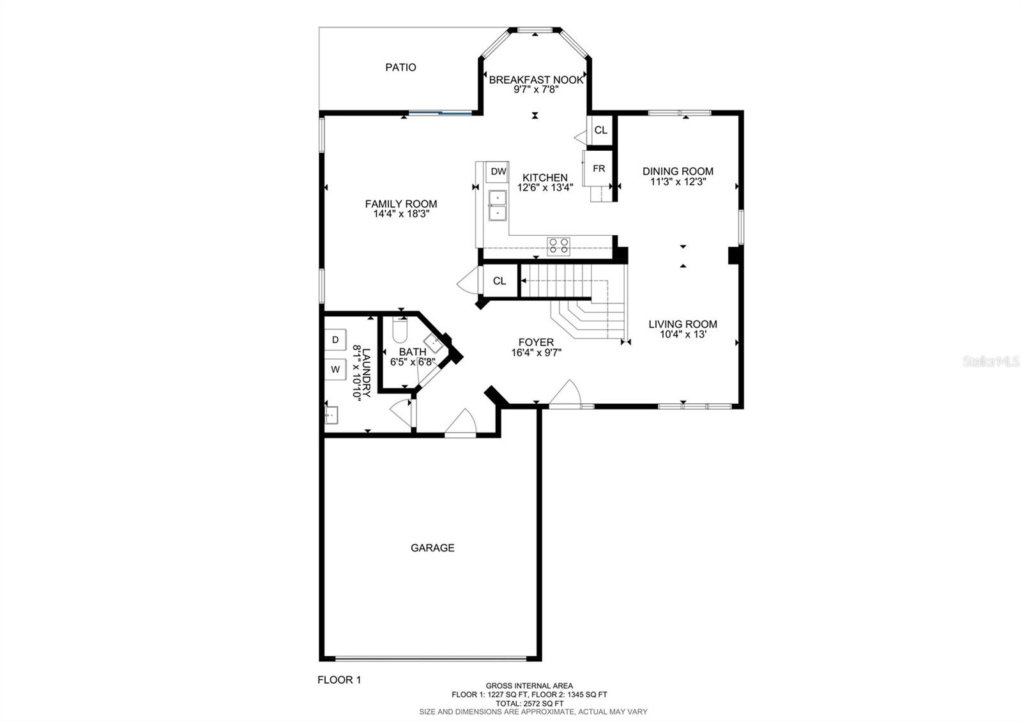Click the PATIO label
point(400,68)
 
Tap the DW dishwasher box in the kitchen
point(498,172)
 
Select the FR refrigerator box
point(598,169)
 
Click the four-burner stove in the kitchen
point(558,247)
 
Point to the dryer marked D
point(335,339)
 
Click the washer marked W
point(335,369)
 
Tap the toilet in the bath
point(400,330)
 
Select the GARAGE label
point(432,548)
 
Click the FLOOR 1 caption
point(339,680)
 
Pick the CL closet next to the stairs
point(500,280)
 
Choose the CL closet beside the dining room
point(600,130)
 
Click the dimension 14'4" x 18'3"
point(402,213)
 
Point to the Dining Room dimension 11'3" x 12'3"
point(678,181)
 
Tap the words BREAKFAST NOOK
point(536,80)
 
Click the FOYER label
point(536,342)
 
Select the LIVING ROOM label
point(683,324)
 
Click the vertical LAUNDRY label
point(367,373)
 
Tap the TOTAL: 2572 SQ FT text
point(530,703)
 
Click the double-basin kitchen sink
point(498,205)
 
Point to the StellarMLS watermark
point(991,362)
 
